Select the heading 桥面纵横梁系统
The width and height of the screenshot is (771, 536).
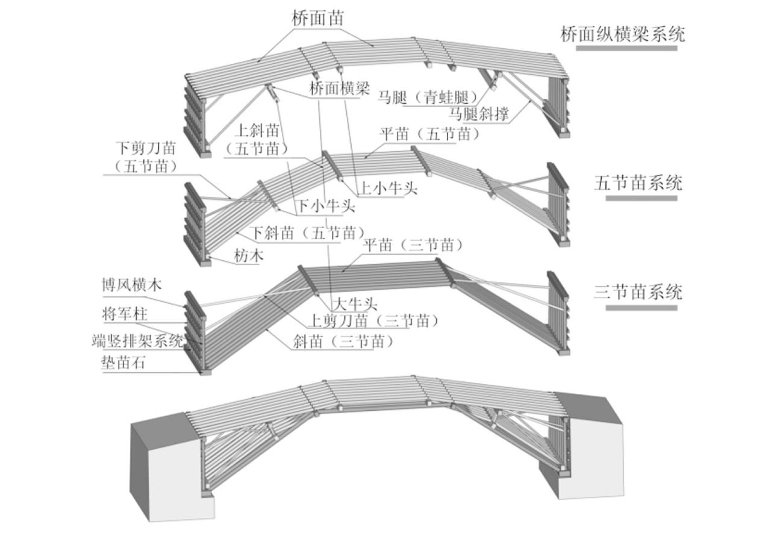click(622, 34)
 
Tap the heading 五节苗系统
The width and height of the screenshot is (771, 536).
click(638, 182)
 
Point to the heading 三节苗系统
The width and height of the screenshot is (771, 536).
click(638, 293)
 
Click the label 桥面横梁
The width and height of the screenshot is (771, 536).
click(339, 89)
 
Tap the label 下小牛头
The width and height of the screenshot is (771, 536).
click(325, 207)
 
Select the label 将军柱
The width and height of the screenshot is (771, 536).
click(123, 314)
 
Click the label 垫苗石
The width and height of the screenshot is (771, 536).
click(123, 363)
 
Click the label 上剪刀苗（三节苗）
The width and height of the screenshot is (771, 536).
click(373, 320)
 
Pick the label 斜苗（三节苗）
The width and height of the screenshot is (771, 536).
click(343, 342)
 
